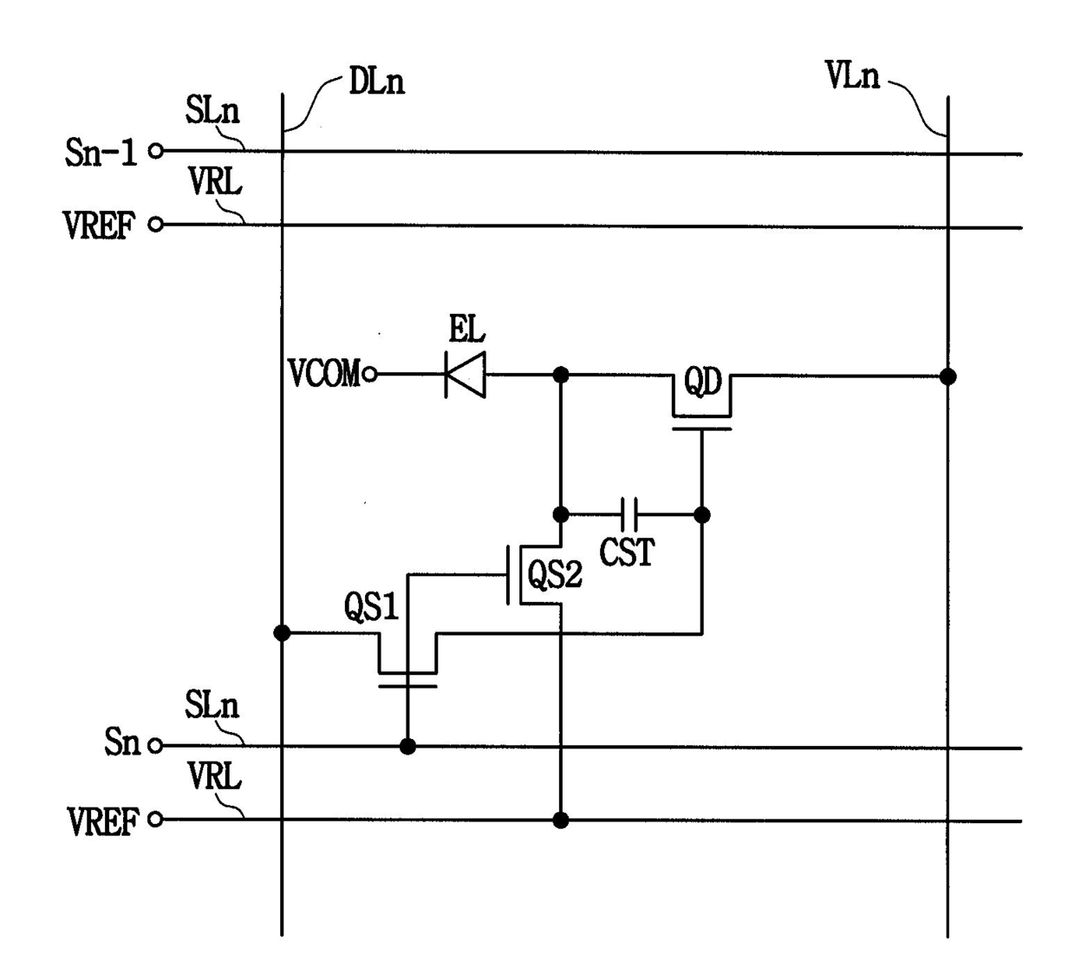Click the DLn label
377,82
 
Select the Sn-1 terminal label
101,153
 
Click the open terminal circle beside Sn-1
155,151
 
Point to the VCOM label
323,373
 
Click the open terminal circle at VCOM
369,375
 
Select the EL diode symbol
466,375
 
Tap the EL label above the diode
467,330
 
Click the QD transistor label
702,382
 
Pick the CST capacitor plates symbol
629,514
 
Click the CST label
627,552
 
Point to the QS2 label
555,576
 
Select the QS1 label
371,606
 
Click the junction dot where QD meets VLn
948,377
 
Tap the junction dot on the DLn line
282,633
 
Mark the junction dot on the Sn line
407,747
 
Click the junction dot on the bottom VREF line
561,820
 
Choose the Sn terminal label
122,742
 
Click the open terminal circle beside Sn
155,746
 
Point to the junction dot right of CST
702,514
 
